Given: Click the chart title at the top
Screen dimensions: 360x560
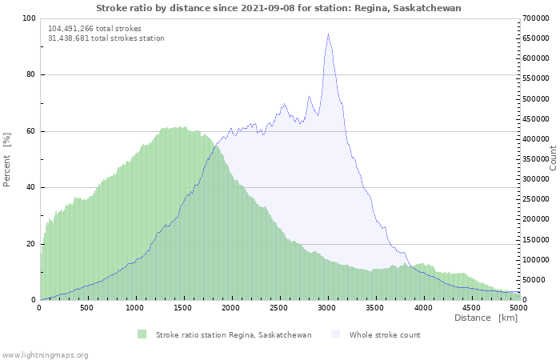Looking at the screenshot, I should tap(278, 7).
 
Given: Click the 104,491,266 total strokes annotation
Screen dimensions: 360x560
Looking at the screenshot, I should tap(94, 28).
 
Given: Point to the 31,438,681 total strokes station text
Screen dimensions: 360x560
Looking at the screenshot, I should tap(106, 38).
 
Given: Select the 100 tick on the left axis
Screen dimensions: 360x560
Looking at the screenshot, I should tap(29, 18).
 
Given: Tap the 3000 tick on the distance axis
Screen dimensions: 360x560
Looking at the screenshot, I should tap(327, 307).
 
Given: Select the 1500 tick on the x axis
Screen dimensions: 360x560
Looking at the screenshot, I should tap(183, 307).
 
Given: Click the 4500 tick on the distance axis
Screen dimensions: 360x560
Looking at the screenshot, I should tap(471, 307).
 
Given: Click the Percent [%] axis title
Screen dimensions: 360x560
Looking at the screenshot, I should tap(7, 159).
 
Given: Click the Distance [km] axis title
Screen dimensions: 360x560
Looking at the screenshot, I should tap(486, 318).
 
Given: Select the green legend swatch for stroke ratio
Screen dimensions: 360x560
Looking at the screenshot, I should tap(142, 334).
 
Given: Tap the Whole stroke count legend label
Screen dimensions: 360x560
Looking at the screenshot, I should tap(384, 334).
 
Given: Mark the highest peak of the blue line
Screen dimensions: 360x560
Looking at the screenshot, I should tap(328, 34).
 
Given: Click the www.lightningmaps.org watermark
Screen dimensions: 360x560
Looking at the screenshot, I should tap(45, 354).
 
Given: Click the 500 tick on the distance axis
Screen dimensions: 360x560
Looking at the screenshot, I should tap(87, 307).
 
